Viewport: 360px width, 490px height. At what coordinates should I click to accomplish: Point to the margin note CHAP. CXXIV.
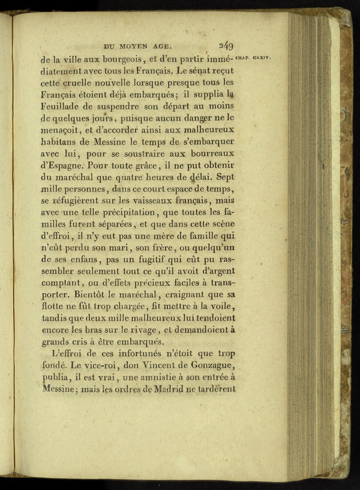[x=254, y=58]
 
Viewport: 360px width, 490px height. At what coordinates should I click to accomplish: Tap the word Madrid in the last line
[x=164, y=388]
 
